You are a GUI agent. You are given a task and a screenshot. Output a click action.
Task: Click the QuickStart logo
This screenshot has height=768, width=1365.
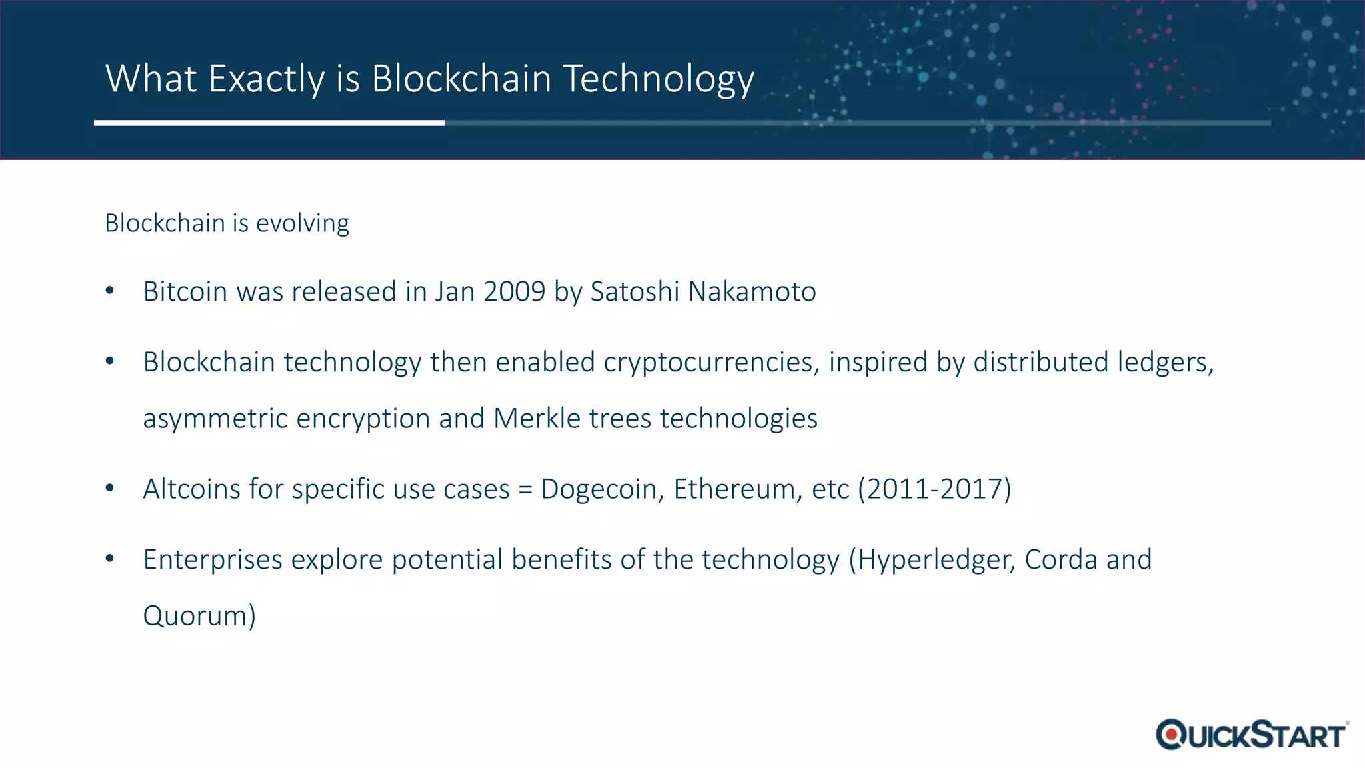coord(1252,735)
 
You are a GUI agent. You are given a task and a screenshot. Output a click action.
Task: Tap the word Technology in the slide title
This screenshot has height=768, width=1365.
coord(659,79)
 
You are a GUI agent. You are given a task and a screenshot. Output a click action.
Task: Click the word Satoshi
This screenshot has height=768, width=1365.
coord(635,292)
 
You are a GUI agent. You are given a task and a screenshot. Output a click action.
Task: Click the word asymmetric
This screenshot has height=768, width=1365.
coord(215,419)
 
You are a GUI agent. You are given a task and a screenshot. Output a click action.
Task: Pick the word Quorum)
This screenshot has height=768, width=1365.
coord(199,616)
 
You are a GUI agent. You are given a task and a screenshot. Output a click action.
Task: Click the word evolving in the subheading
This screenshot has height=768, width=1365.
coord(302,223)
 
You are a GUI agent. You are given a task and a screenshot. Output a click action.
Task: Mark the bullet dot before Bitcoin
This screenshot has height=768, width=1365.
coord(110,291)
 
